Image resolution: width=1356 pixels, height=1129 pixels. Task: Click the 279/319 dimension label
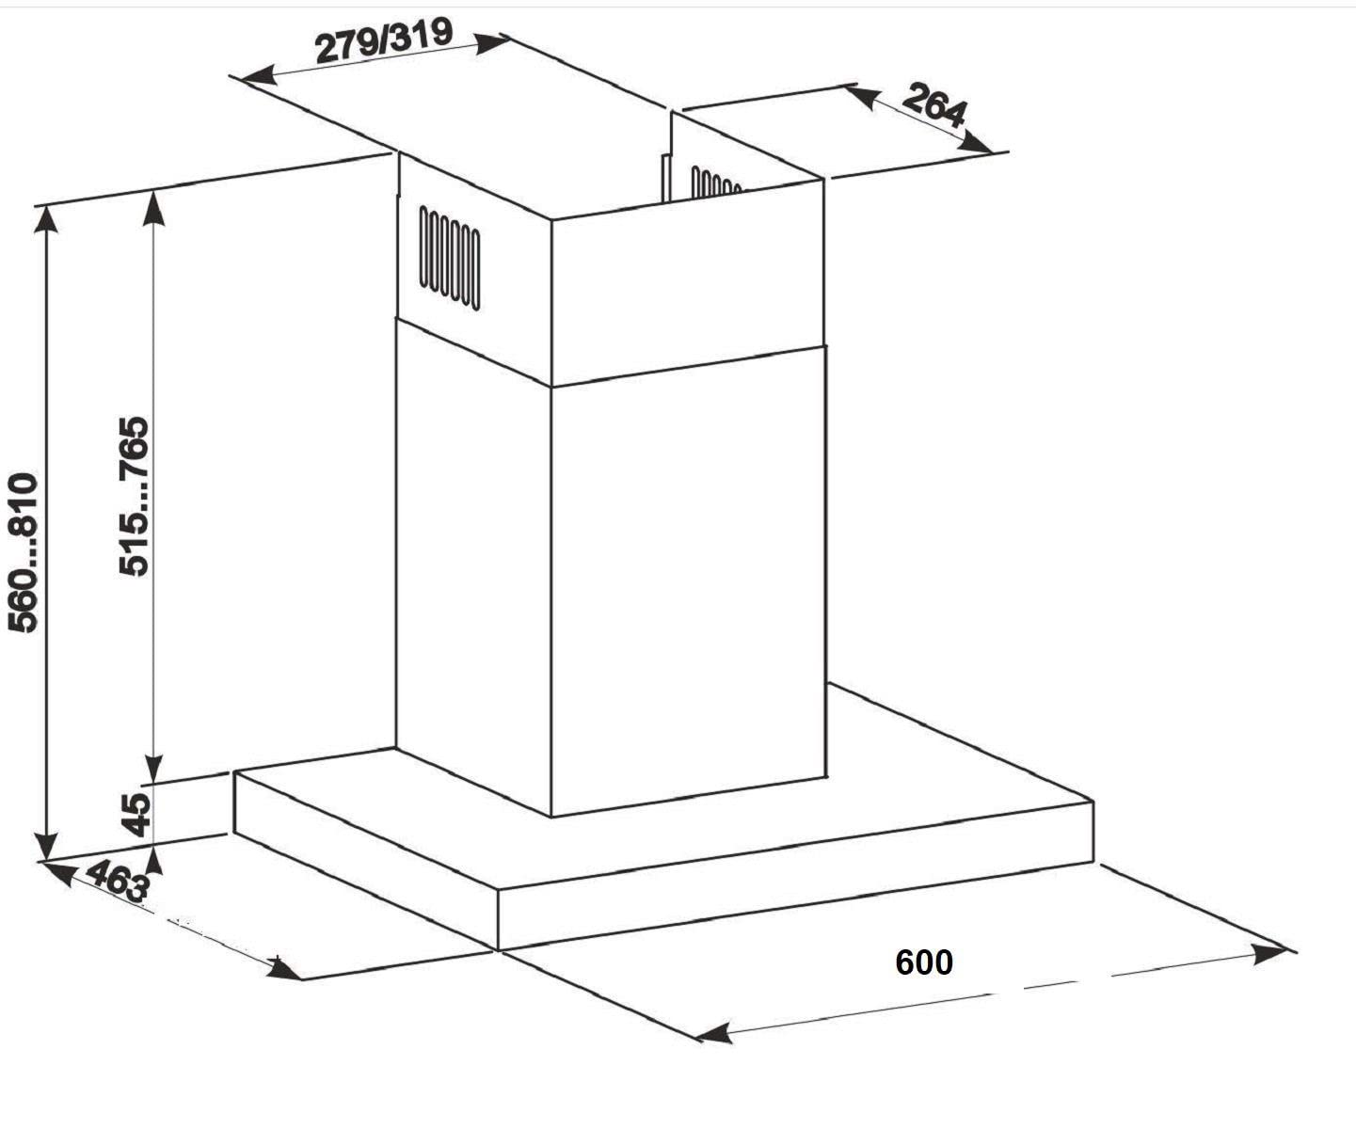(x=384, y=40)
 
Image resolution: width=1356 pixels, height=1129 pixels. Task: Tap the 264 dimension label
(x=934, y=104)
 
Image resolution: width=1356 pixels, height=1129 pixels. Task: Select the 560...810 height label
(x=23, y=552)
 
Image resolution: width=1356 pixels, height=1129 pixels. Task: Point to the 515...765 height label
(x=134, y=497)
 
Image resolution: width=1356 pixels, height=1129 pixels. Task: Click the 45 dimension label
(x=137, y=815)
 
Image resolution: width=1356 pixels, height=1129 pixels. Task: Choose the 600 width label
(x=924, y=962)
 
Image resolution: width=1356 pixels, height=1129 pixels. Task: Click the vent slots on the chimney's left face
(x=450, y=258)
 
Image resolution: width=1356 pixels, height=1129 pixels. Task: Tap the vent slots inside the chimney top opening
(x=715, y=183)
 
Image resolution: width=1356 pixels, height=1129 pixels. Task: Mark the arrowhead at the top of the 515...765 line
(x=153, y=206)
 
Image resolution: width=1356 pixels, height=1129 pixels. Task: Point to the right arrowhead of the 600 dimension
(x=1270, y=955)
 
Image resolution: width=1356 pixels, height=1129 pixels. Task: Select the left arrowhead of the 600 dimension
(x=713, y=1033)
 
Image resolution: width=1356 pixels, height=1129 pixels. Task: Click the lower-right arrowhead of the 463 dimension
(x=283, y=969)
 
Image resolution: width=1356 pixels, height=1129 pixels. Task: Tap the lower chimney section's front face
(x=689, y=582)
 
